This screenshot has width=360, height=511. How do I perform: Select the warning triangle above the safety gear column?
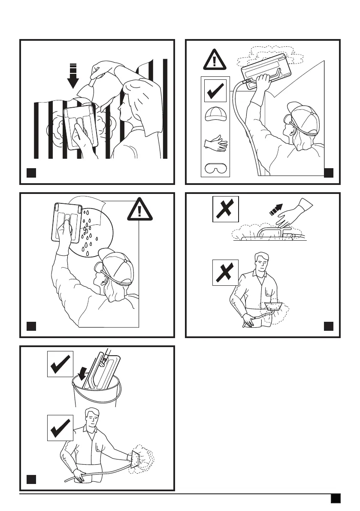pyautogui.click(x=214, y=59)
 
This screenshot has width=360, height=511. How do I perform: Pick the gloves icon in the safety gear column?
pyautogui.click(x=215, y=143)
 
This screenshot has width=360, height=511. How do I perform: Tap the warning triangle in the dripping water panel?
pyautogui.click(x=139, y=210)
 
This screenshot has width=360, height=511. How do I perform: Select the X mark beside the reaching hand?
pyautogui.click(x=226, y=209)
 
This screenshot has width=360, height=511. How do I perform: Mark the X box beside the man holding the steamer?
pyautogui.click(x=226, y=272)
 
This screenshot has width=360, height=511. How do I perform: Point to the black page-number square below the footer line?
pyautogui.click(x=336, y=498)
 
